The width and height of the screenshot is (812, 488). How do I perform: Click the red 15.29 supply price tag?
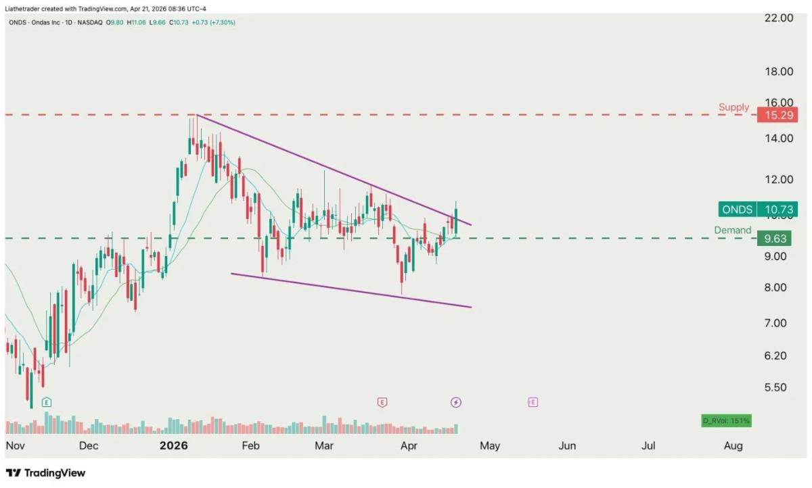click(777, 115)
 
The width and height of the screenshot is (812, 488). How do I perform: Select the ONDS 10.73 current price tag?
click(759, 210)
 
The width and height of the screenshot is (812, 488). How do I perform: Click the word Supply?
click(734, 107)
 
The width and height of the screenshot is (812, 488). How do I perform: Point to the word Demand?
click(732, 230)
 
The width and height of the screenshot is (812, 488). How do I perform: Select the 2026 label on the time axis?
click(173, 445)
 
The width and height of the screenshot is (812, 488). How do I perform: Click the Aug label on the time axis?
click(733, 445)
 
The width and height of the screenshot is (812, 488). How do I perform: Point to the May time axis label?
click(489, 445)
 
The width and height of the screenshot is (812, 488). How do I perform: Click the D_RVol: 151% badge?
click(726, 421)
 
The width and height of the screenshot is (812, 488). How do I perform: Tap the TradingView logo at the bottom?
click(45, 473)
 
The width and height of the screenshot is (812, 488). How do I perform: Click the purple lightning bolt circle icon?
click(456, 402)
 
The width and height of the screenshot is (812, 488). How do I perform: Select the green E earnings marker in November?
click(46, 402)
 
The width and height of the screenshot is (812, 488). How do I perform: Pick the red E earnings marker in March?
click(382, 402)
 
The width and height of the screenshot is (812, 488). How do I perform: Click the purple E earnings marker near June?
click(533, 402)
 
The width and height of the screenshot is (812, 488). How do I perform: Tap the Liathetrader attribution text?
click(105, 9)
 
